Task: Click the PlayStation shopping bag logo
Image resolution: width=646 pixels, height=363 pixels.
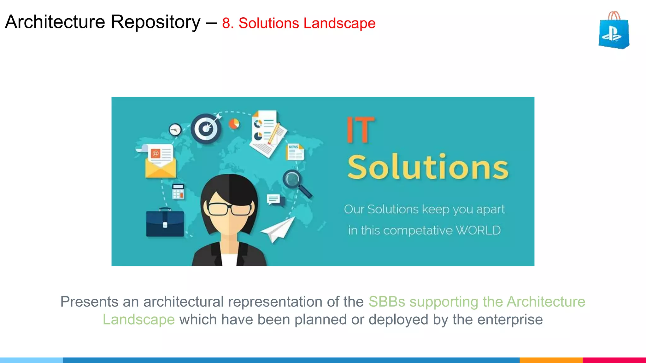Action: (614, 31)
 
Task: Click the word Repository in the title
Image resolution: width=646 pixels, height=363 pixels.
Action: (156, 22)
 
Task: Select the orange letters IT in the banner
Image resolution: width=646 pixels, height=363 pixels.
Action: (360, 130)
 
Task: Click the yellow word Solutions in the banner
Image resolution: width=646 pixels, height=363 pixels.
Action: (428, 167)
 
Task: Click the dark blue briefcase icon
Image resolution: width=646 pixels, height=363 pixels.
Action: (165, 223)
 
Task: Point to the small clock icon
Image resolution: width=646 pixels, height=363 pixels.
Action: (175, 130)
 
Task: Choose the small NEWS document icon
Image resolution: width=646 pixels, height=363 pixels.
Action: (295, 152)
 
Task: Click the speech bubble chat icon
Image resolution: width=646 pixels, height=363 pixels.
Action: (274, 200)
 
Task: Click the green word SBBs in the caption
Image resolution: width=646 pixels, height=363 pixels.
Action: (387, 302)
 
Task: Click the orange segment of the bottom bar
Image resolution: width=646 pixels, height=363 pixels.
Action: (551, 360)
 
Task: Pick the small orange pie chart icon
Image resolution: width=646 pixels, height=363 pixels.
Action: (234, 124)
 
